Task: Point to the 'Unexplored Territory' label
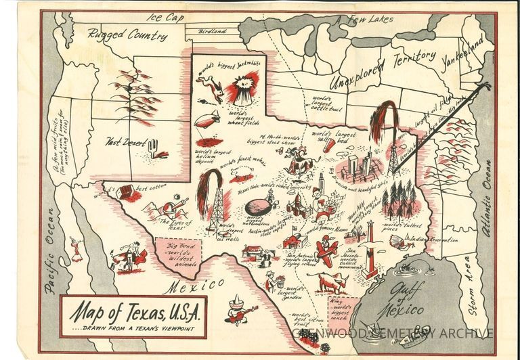[383, 71]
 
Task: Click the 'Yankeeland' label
[462, 49]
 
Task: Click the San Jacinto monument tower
[370, 250]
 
